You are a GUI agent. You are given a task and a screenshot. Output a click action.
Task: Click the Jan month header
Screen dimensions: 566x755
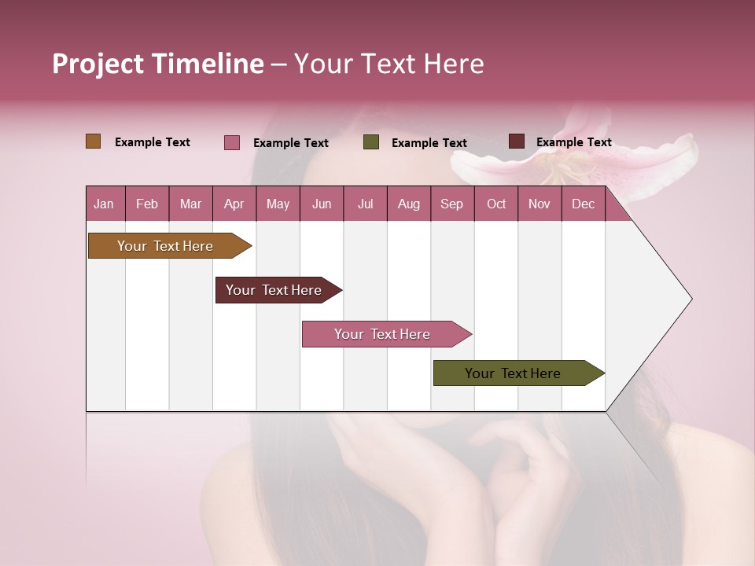(104, 204)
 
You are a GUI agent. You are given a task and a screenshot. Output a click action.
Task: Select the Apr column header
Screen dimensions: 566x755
(234, 204)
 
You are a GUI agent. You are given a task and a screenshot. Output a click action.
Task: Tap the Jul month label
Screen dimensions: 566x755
(365, 204)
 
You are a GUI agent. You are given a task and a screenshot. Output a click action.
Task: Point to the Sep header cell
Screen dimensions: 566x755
(451, 204)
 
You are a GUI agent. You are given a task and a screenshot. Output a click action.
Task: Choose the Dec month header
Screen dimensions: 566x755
(583, 204)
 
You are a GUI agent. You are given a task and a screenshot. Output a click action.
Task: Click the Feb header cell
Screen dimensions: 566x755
(147, 204)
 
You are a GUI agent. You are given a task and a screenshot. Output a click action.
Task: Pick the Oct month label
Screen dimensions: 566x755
(495, 204)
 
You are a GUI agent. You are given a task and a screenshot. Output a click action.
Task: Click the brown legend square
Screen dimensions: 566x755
(93, 141)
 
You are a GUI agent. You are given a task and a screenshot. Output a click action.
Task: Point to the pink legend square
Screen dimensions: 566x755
(231, 142)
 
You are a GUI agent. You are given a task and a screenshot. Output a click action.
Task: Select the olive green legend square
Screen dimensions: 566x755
(371, 142)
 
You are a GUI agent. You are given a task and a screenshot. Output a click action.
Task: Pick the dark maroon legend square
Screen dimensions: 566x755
(516, 141)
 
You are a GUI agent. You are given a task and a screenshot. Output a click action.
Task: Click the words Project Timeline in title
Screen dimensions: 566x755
(158, 64)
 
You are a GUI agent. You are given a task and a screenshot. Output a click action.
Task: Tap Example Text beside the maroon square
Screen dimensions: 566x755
(573, 142)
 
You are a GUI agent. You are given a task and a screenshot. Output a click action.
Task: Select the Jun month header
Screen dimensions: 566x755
(321, 204)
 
